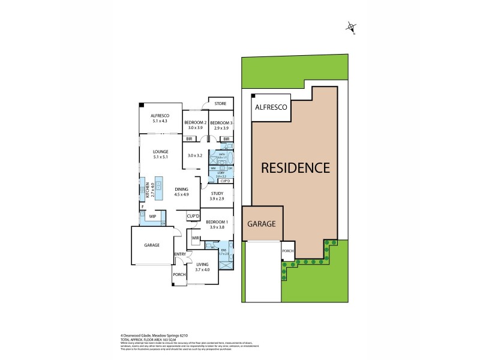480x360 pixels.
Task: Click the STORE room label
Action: [220, 104]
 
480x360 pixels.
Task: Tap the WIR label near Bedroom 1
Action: [195, 239]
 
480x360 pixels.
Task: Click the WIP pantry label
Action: [152, 216]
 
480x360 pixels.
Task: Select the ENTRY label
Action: [179, 254]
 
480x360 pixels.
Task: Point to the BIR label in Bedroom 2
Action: [189, 139]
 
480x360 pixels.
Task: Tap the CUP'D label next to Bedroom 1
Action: [193, 216]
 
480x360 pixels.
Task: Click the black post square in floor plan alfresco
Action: [142, 105]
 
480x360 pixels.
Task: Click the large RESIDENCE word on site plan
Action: [295, 167]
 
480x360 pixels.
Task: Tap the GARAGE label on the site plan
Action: [261, 224]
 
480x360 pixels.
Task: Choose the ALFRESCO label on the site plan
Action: [271, 107]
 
